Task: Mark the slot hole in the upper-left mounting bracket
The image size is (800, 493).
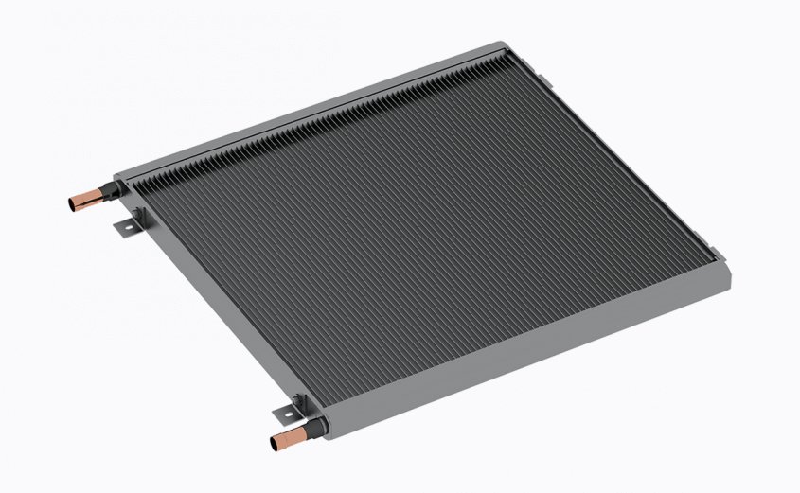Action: pyautogui.click(x=122, y=227)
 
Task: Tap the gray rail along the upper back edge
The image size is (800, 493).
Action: pyautogui.click(x=312, y=109)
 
